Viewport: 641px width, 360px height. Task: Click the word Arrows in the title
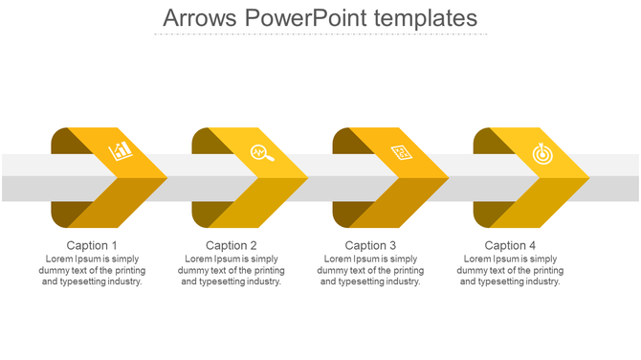pos(198,17)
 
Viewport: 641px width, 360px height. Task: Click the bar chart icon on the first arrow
pos(121,150)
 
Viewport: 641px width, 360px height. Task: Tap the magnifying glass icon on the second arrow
pos(261,152)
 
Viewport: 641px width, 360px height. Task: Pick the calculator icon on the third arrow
pos(402,152)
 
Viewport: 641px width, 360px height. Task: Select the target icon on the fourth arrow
pos(542,152)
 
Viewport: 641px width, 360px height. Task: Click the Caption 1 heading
pos(93,246)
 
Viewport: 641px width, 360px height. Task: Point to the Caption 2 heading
pos(232,246)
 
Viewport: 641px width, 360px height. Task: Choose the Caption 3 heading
pos(371,246)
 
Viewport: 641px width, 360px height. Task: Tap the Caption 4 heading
pos(511,246)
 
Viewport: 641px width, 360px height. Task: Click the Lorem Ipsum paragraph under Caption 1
pos(93,270)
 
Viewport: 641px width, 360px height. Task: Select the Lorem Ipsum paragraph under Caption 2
pos(232,270)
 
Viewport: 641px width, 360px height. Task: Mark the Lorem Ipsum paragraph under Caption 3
pos(371,270)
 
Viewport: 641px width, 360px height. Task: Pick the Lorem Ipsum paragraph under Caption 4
pos(511,270)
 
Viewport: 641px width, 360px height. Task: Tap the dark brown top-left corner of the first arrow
pos(63,140)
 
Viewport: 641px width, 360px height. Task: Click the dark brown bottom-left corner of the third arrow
pos(345,214)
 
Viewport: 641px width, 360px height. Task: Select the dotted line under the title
pos(320,34)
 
